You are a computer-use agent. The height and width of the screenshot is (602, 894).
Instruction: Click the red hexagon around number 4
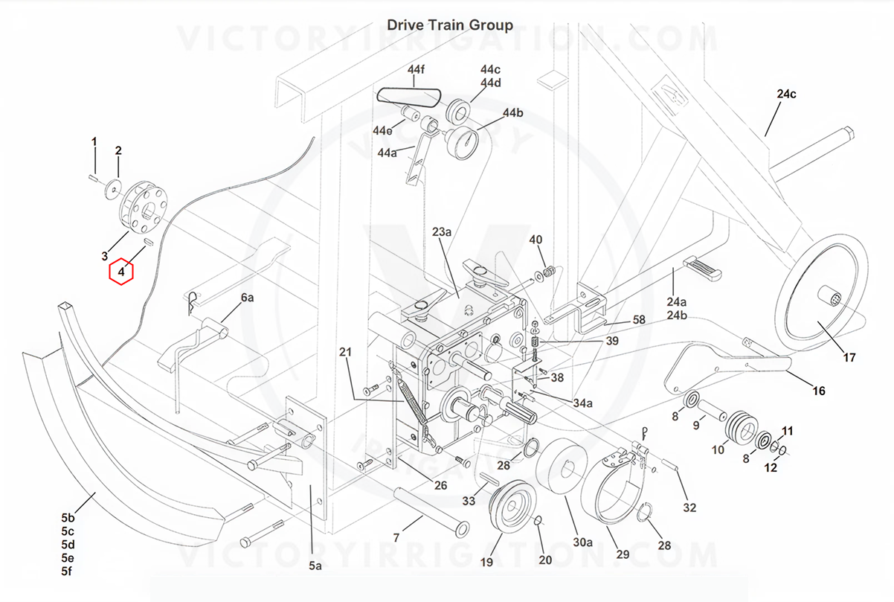(x=120, y=272)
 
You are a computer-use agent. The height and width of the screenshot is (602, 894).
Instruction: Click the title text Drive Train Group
(x=449, y=25)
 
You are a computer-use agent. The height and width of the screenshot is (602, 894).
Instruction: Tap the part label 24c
(x=786, y=95)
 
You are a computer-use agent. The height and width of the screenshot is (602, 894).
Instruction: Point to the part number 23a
(x=442, y=232)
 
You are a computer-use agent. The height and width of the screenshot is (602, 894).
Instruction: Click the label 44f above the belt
(x=416, y=70)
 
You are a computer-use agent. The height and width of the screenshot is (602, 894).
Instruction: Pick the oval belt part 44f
(x=408, y=96)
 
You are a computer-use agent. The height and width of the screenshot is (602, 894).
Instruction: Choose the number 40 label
(x=536, y=240)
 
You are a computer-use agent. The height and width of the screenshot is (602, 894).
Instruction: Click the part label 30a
(x=582, y=542)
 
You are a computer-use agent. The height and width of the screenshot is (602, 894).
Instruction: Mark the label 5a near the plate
(x=315, y=566)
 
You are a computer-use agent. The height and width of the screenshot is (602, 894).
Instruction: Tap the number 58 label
(x=639, y=320)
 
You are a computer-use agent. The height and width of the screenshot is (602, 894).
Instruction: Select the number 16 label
(x=818, y=391)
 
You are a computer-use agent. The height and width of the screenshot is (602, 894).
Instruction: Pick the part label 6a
(x=247, y=298)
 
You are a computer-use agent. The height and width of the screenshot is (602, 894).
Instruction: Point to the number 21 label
(x=344, y=352)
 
